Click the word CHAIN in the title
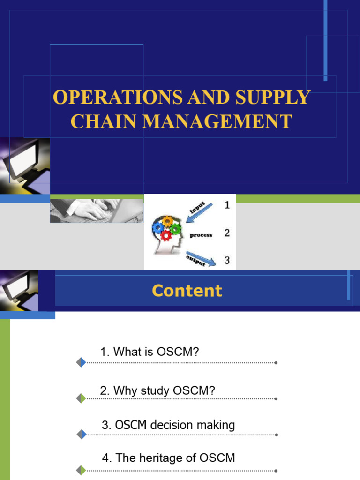[x=104, y=121]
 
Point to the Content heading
[x=187, y=291]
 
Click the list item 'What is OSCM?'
[x=150, y=352]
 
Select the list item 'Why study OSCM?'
[x=157, y=390]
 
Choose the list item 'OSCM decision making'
[x=168, y=425]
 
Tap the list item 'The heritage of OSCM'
[x=168, y=458]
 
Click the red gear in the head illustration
[x=165, y=235]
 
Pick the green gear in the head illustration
[x=175, y=228]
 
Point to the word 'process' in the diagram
[x=201, y=235]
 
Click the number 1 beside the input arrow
[x=227, y=205]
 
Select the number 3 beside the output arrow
[x=227, y=261]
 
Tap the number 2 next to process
[x=227, y=233]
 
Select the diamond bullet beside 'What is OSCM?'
[x=81, y=362]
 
